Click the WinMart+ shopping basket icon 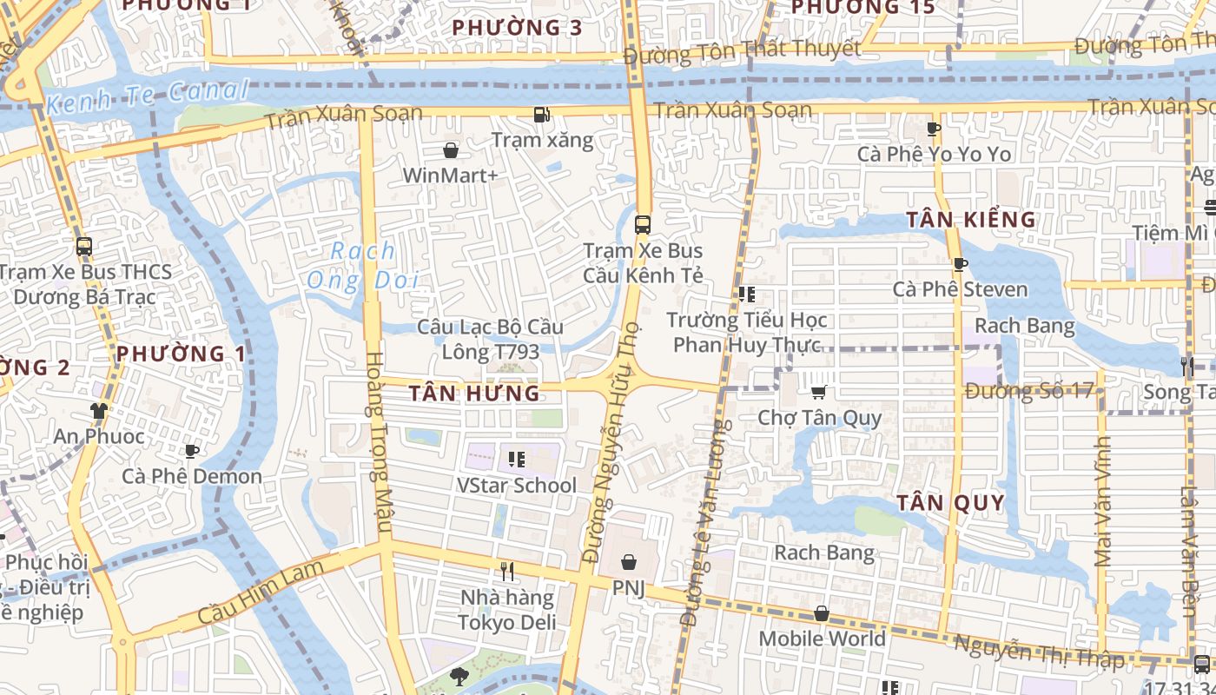451,150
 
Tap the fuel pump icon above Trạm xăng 541,114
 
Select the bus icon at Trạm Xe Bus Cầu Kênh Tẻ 643,224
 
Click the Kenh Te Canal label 148,96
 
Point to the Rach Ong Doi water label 363,266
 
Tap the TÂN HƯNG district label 474,394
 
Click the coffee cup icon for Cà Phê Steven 960,264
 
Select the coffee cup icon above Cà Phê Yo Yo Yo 934,129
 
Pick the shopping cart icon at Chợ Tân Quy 818,393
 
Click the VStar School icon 517,459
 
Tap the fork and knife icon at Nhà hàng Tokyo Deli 507,571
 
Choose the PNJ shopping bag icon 629,562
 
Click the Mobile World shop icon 822,614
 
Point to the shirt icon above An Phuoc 99,410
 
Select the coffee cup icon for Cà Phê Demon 192,451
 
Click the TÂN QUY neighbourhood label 950,503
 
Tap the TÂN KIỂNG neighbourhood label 971,220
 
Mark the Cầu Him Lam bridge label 261,592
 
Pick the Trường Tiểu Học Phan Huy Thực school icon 746,294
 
